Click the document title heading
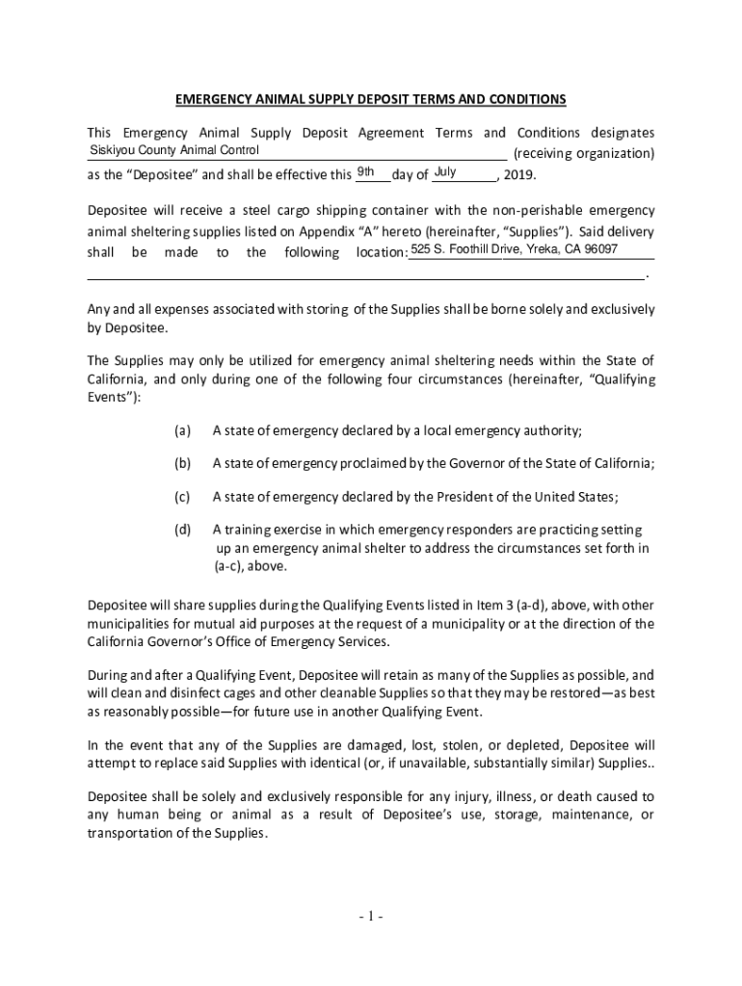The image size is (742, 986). (x=370, y=99)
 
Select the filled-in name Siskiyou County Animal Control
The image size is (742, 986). (x=174, y=150)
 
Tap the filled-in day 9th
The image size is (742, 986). (x=365, y=172)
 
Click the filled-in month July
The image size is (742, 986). (x=444, y=172)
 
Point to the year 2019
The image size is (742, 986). (x=516, y=175)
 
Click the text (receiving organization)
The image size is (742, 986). (x=584, y=154)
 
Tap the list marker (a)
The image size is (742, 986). (x=182, y=429)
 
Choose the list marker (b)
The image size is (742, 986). (x=182, y=463)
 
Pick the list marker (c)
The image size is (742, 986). (x=182, y=497)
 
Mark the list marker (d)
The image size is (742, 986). (x=182, y=530)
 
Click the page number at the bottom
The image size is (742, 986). (x=370, y=916)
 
